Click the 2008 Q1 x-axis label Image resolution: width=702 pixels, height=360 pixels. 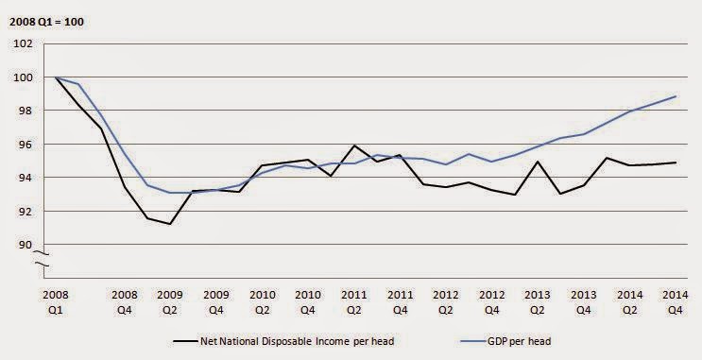(x=56, y=302)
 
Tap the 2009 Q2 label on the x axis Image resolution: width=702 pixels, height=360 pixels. (x=170, y=302)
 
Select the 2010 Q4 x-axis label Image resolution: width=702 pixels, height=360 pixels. (x=308, y=302)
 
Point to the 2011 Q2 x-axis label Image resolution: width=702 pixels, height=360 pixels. (x=353, y=302)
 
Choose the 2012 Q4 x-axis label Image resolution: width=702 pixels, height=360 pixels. (x=491, y=302)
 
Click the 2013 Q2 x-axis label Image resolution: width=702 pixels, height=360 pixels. (x=538, y=302)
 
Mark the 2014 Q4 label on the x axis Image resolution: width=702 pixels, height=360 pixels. (x=676, y=302)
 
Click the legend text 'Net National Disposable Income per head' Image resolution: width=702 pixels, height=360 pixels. (x=298, y=342)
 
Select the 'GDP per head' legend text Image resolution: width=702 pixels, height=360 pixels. (x=520, y=342)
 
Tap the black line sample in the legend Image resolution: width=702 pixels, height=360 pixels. (x=185, y=342)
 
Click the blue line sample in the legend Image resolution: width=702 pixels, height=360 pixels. (x=473, y=342)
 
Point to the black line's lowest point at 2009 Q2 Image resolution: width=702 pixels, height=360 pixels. (x=170, y=224)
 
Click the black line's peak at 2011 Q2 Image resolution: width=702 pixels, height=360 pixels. (x=353, y=146)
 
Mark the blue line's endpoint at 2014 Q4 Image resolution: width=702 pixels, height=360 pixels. (x=676, y=96)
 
